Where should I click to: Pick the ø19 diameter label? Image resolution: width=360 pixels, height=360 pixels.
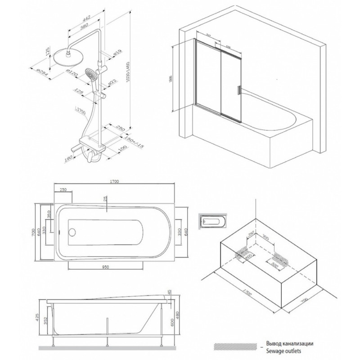pyautogui.click(x=117, y=54)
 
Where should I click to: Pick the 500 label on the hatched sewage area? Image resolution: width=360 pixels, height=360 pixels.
pyautogui.click(x=275, y=265)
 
